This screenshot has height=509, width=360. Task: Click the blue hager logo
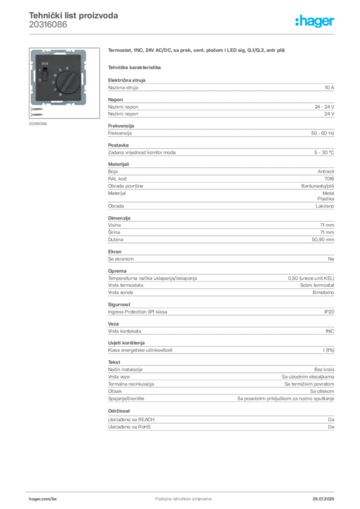click(315, 21)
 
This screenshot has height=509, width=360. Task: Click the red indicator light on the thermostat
click(45, 64)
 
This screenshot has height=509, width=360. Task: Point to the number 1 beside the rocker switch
click(40, 70)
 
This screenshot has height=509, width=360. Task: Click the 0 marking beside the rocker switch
click(40, 81)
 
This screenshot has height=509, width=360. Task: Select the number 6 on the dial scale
click(67, 68)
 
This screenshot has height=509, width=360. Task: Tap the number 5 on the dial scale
click(60, 70)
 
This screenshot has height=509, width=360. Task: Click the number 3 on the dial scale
click(53, 83)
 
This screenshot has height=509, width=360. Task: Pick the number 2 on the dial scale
click(55, 89)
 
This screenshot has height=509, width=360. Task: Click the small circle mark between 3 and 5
click(55, 76)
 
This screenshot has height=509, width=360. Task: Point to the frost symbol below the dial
click(60, 94)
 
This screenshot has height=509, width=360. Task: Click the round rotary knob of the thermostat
click(68, 83)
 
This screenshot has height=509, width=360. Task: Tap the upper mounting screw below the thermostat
click(37, 109)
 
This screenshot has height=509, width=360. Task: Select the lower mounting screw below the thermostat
click(37, 115)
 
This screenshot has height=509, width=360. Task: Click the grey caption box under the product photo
click(38, 123)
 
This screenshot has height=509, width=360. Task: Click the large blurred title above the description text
click(196, 51)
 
